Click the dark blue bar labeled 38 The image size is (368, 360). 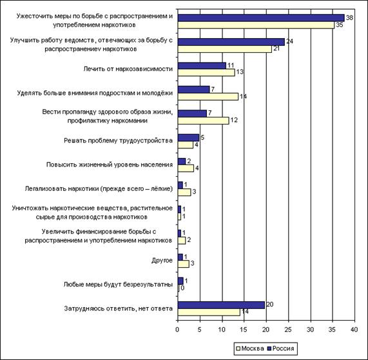click(x=261, y=18)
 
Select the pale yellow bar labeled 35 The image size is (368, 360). click(x=256, y=25)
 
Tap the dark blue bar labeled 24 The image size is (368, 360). click(x=231, y=42)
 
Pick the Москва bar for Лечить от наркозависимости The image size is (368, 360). click(x=206, y=73)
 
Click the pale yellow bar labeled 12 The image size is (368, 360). click(x=203, y=121)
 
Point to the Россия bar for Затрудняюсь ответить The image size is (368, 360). click(x=221, y=305)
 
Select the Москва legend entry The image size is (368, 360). click(x=249, y=348)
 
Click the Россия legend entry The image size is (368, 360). click(x=281, y=348)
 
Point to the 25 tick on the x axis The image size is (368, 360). click(x=288, y=330)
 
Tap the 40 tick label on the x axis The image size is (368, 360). click(x=354, y=330)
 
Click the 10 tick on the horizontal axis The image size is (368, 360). click(x=222, y=330)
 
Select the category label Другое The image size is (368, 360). click(x=162, y=261)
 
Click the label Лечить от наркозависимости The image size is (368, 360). click(x=128, y=69)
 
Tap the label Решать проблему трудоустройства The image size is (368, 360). click(x=119, y=141)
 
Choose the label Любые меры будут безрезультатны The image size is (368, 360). click(x=118, y=285)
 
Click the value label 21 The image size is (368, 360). click(x=276, y=49)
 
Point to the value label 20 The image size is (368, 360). click(x=270, y=305)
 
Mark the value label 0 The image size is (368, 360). click(x=182, y=288)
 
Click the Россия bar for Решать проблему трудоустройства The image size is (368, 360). click(x=188, y=137)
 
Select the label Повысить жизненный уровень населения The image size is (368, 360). click(x=110, y=165)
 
